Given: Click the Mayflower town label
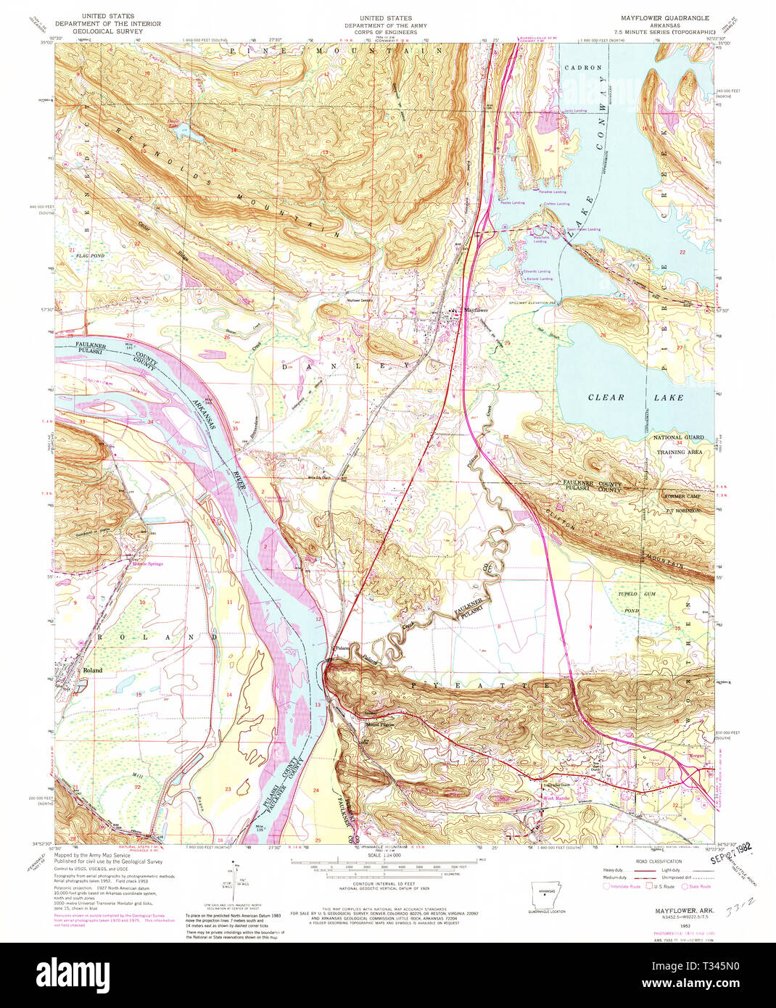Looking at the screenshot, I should click(476, 310).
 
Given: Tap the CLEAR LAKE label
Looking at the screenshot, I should click(635, 397).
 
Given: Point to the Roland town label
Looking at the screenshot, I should click(92, 670).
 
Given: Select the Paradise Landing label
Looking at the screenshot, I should click(553, 192).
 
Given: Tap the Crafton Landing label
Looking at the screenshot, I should click(557, 204).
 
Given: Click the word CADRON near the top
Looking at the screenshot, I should click(582, 67).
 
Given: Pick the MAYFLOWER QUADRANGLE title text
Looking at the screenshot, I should click(658, 17).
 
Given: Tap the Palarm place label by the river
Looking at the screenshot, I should click(341, 648).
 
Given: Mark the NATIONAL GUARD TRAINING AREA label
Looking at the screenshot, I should click(679, 444).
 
